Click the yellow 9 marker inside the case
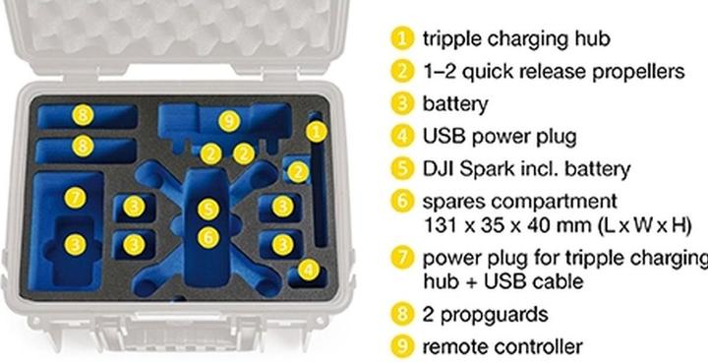point(229,121)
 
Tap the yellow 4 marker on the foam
point(309,270)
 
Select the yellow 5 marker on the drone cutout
point(208,210)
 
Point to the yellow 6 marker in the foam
point(208,238)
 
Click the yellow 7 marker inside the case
point(75,198)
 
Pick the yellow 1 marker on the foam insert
point(317,132)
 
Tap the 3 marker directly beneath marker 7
point(75,245)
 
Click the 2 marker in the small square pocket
point(298,172)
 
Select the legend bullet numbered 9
point(402,347)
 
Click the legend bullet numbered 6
point(402,202)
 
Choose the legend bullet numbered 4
point(402,136)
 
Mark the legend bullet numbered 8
point(402,314)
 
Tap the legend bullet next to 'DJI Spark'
point(402,169)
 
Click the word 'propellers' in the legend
point(638,73)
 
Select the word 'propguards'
point(494,315)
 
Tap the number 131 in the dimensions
point(438,225)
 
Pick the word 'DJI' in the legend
point(438,169)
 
